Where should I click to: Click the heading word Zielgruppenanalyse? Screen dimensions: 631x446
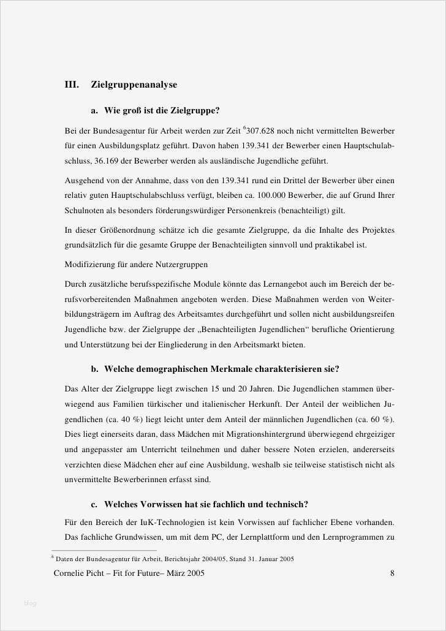click(x=134, y=85)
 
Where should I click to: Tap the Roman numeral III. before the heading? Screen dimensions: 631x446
click(x=72, y=85)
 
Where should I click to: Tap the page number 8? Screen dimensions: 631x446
click(x=392, y=574)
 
